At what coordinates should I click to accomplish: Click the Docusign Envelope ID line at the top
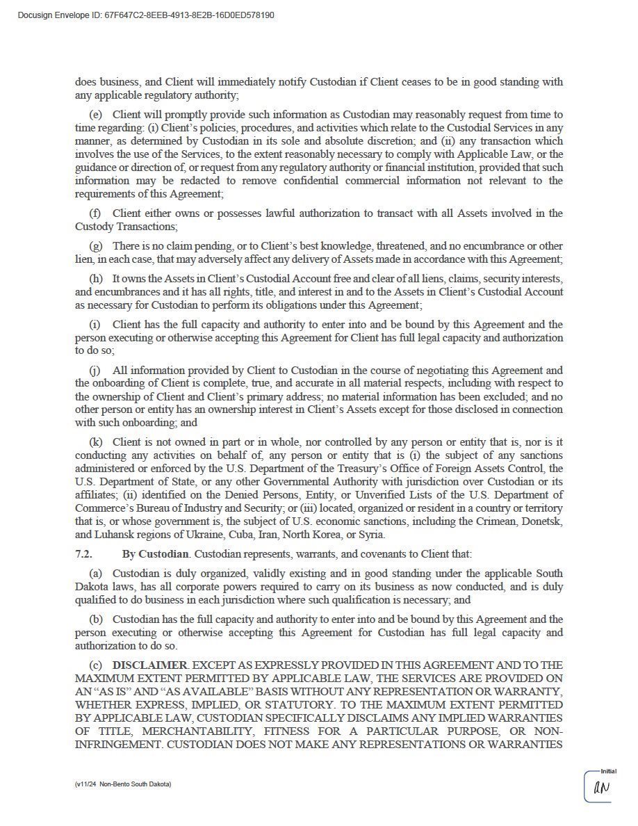coord(146,15)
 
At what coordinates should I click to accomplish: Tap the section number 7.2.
coord(83,554)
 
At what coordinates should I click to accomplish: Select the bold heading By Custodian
coord(155,554)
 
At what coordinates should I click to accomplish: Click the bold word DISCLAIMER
coord(150,665)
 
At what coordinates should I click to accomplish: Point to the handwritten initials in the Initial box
coord(601,788)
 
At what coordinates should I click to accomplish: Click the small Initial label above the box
coord(608,771)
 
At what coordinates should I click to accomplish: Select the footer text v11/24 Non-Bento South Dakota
coord(123,784)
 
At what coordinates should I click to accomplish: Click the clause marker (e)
coord(96,115)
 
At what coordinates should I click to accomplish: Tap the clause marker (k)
coord(96,442)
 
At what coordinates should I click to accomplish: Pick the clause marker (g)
coord(96,246)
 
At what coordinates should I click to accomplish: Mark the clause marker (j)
coord(96,371)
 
